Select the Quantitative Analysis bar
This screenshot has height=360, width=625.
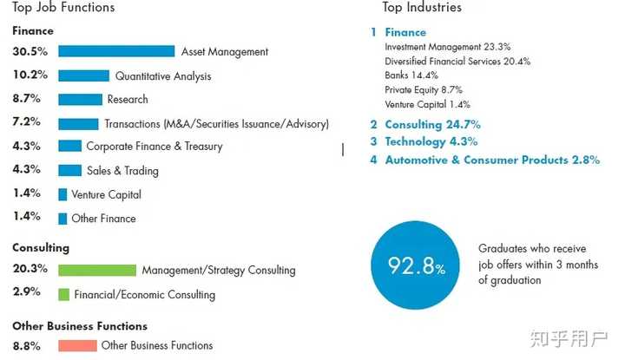click(x=83, y=76)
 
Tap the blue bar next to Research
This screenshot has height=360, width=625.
click(x=80, y=100)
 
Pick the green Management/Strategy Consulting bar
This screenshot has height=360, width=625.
click(x=97, y=271)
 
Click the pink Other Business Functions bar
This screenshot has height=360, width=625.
click(x=77, y=346)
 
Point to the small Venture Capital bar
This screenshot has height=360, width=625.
click(x=62, y=195)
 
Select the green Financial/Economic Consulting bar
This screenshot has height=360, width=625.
click(x=63, y=295)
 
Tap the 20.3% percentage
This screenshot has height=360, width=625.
click(x=30, y=269)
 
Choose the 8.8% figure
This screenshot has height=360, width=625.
click(x=26, y=345)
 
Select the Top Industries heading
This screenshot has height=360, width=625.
click(x=422, y=8)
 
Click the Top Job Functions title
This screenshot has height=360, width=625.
click(x=63, y=8)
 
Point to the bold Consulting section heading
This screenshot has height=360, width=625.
click(x=41, y=248)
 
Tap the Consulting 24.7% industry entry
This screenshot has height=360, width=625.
click(x=432, y=125)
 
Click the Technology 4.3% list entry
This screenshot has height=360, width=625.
click(x=431, y=142)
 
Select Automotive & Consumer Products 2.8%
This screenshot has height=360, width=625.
click(x=492, y=160)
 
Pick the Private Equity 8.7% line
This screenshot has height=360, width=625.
click(x=424, y=89)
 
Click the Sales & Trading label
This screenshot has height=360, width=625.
click(x=122, y=171)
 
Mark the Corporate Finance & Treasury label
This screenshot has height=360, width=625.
click(x=155, y=147)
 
